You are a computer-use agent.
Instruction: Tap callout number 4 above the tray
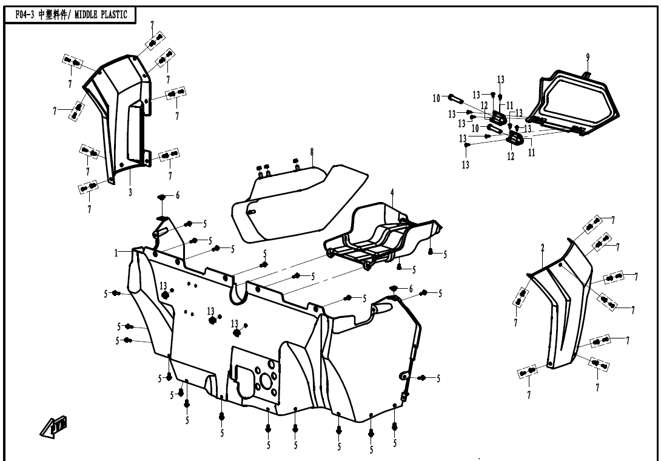click(x=392, y=192)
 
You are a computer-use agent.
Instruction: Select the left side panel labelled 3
click(x=118, y=115)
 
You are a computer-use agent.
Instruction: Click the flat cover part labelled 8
click(x=297, y=200)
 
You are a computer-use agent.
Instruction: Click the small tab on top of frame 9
click(x=587, y=75)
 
